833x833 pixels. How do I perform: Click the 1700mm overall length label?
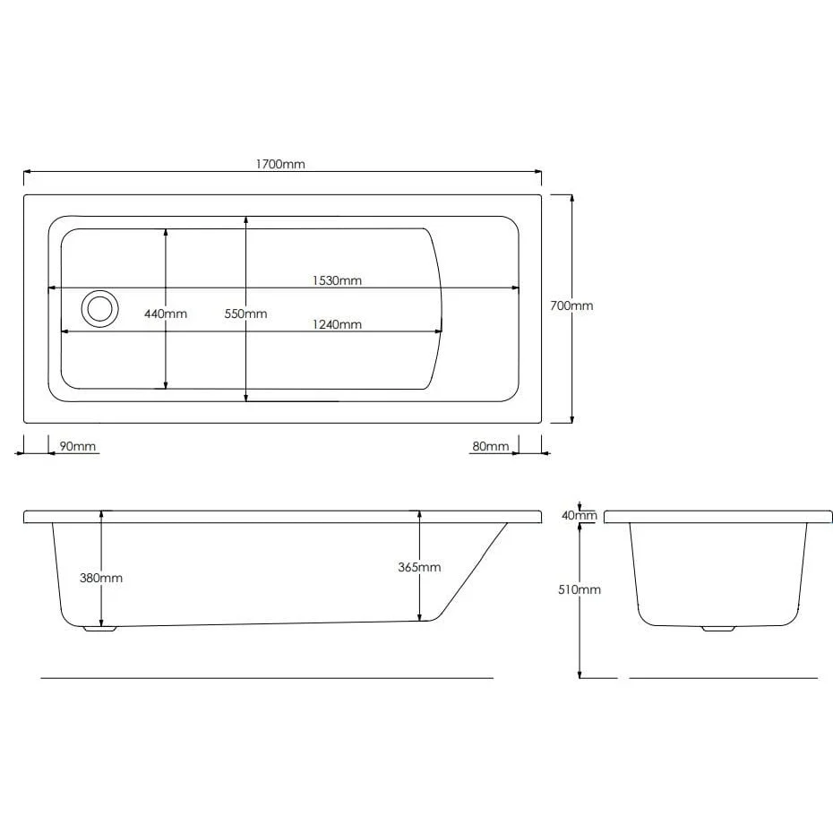click(x=280, y=164)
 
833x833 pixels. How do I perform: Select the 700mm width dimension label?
click(x=571, y=305)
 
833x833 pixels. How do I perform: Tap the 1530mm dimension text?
click(x=337, y=280)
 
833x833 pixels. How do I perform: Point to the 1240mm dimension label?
click(x=337, y=324)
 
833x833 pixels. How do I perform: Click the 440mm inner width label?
click(x=166, y=313)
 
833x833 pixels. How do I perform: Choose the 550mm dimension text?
click(x=245, y=313)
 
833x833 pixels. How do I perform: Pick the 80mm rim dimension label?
click(x=490, y=446)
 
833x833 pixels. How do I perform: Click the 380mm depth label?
click(x=101, y=578)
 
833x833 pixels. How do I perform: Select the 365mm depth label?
click(x=419, y=567)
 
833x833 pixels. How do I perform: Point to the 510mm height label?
click(x=580, y=589)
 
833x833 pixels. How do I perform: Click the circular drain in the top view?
click(x=99, y=308)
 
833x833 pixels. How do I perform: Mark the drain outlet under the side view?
click(x=100, y=629)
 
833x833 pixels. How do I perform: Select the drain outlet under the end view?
click(x=718, y=629)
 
